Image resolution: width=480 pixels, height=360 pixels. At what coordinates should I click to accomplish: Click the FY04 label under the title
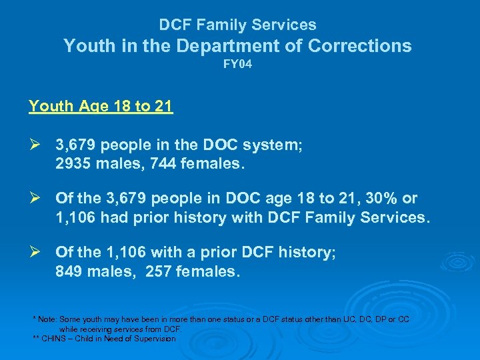pyautogui.click(x=237, y=67)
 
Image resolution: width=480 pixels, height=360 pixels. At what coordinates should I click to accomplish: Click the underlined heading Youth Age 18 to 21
pyautogui.click(x=101, y=106)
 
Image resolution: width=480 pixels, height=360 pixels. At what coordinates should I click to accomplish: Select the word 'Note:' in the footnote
pyautogui.click(x=47, y=320)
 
